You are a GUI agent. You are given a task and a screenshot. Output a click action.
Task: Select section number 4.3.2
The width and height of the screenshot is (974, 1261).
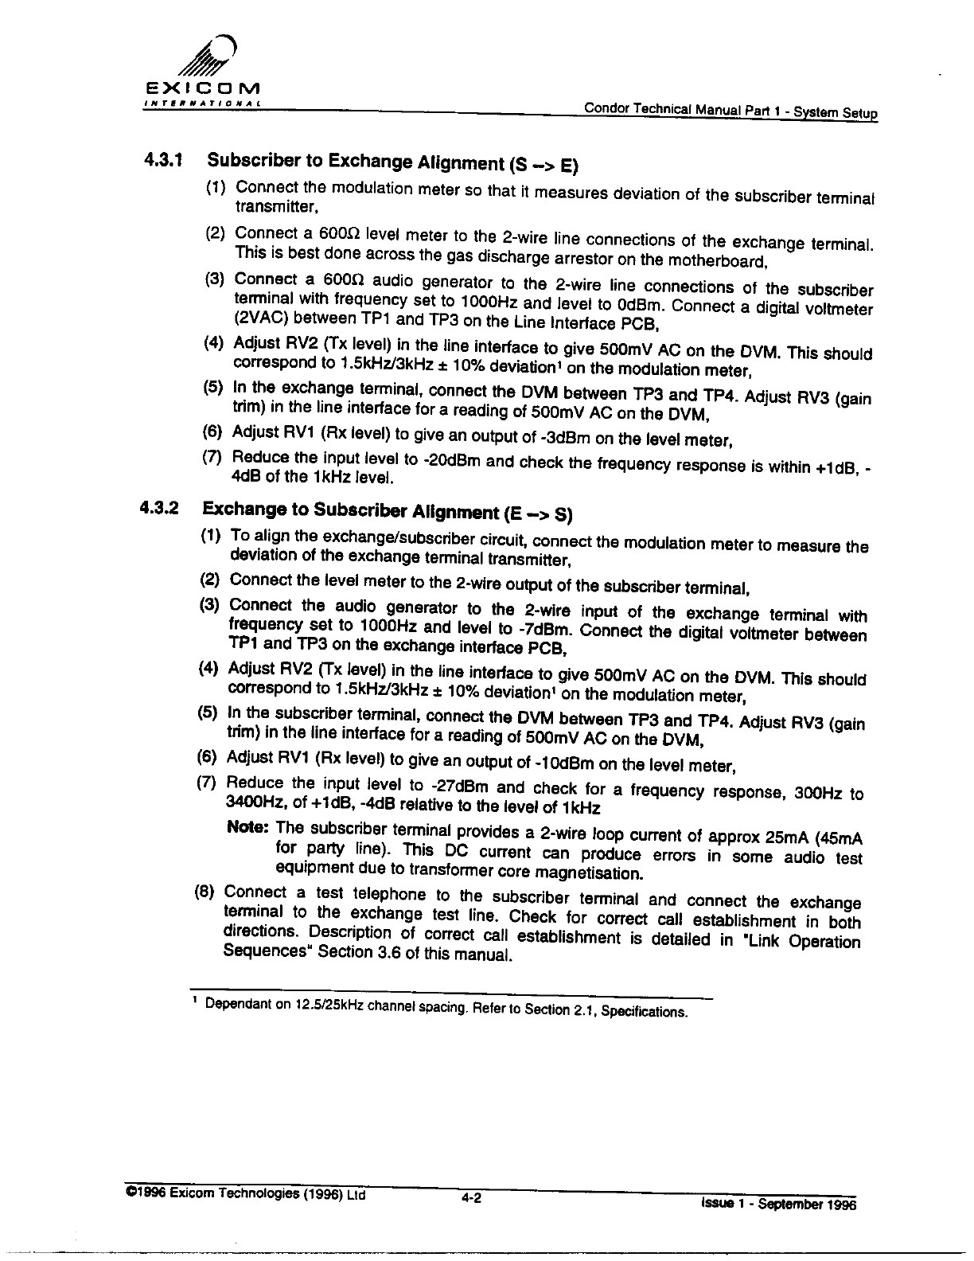pyautogui.click(x=159, y=506)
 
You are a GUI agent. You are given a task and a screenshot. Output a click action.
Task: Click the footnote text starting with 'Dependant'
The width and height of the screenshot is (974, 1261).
pyautogui.click(x=445, y=1007)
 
